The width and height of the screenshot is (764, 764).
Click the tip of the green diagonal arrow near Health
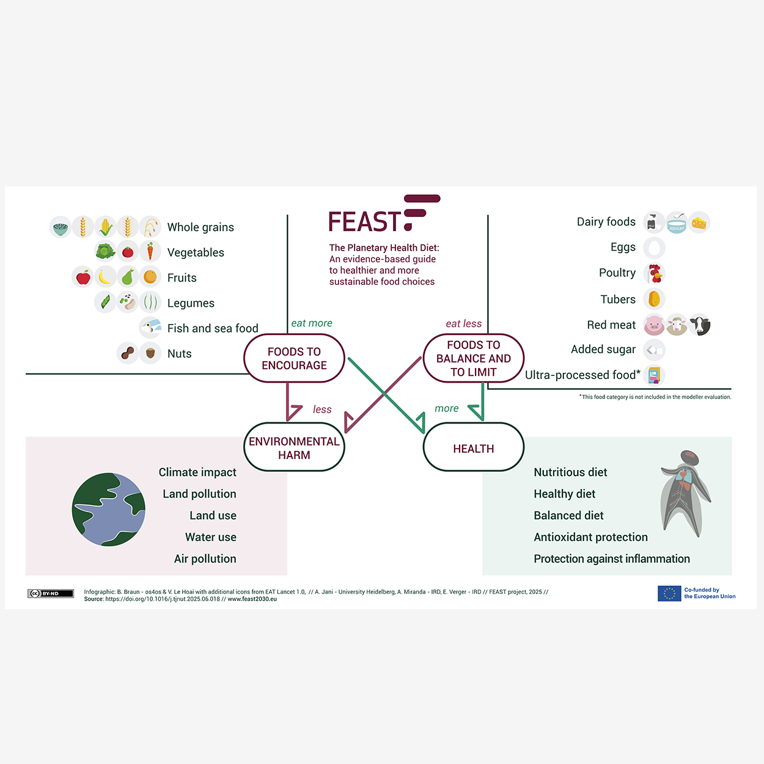[x=424, y=433]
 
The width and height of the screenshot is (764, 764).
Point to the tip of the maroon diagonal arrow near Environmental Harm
[x=346, y=433]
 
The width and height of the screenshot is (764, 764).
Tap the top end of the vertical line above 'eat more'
[x=287, y=215]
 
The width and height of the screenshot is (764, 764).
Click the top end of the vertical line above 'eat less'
[x=488, y=215]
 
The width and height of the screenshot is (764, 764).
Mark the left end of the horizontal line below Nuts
[x=26, y=373]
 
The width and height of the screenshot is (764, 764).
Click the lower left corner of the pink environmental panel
[x=26, y=575]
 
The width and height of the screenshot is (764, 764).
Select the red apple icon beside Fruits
[x=83, y=277]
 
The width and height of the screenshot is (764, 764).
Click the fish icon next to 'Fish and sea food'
[x=150, y=328]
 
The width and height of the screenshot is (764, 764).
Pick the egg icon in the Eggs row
[x=654, y=248]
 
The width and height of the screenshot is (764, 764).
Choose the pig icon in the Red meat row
[x=654, y=325]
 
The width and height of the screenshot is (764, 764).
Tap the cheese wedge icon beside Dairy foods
[x=699, y=223]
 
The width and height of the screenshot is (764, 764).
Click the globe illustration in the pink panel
[x=109, y=510]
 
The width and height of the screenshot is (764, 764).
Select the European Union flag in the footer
[x=669, y=593]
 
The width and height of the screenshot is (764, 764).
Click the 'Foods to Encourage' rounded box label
[x=294, y=358]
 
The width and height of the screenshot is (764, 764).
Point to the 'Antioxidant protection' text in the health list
[x=590, y=537]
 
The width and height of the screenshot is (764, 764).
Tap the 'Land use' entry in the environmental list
[x=213, y=515]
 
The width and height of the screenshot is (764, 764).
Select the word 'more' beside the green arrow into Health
[x=446, y=408]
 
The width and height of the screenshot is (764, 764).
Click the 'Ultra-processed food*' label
[x=582, y=375]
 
